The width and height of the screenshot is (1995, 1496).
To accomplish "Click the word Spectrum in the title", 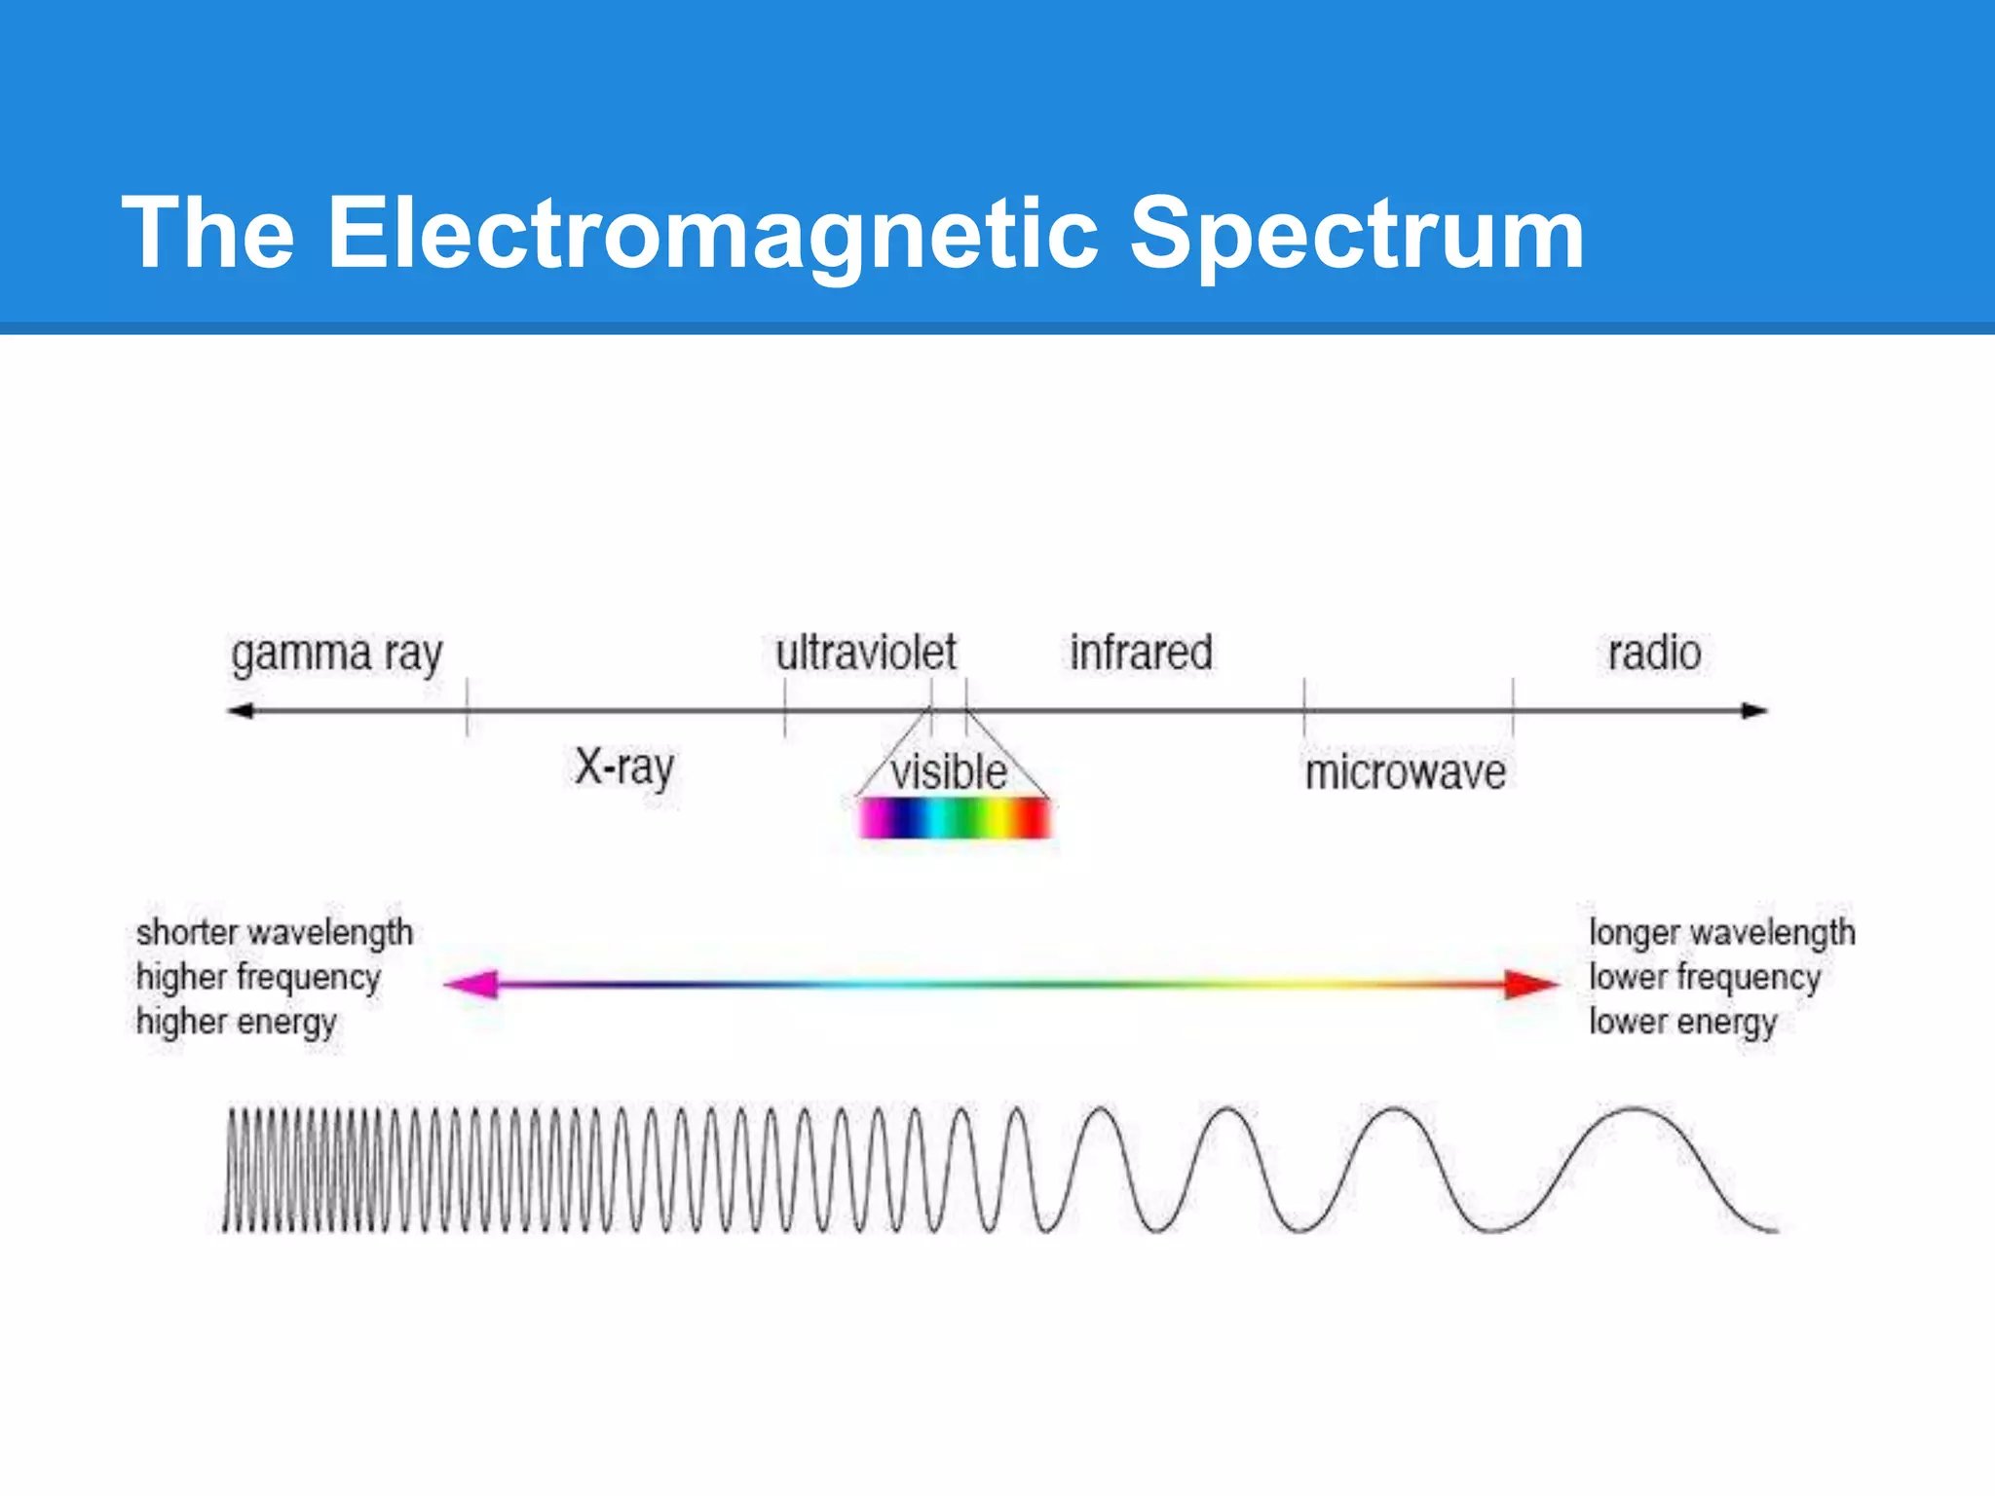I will tap(1356, 234).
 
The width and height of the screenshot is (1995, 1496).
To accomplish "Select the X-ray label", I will tap(624, 768).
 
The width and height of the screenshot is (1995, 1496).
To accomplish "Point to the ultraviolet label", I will tap(866, 653).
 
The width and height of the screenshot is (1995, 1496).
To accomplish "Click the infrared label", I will tap(1141, 653).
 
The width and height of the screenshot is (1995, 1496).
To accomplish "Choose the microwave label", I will tap(1405, 773).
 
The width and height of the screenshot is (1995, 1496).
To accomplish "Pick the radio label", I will tap(1654, 653).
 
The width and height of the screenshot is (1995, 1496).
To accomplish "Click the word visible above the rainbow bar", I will tap(949, 772).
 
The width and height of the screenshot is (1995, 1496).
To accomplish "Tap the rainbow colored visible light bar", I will tap(955, 818).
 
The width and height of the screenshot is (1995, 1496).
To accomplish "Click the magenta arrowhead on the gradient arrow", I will tap(472, 985).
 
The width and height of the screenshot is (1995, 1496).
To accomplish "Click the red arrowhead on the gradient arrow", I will tap(1529, 985).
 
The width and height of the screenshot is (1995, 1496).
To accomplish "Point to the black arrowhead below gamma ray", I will tap(241, 711).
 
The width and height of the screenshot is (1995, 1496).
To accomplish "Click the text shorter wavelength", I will tap(275, 933).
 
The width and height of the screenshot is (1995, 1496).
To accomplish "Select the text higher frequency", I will tap(258, 977).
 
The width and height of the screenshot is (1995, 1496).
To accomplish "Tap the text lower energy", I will tap(1682, 1022).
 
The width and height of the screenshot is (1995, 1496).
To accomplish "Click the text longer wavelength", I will tap(1721, 933).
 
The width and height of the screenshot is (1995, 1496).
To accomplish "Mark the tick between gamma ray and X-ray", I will tap(468, 709).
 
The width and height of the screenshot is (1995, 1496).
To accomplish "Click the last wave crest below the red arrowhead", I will tap(1634, 1110).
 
